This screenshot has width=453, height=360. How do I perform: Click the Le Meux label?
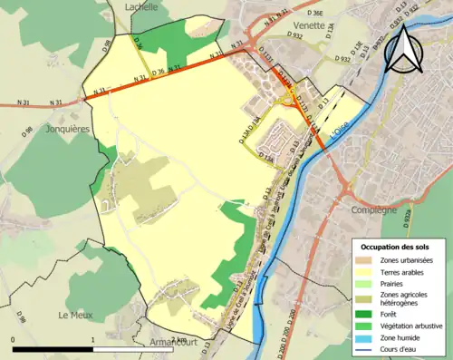pyautogui.click(x=75, y=316)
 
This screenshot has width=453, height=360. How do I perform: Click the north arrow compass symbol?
pyautogui.click(x=408, y=47)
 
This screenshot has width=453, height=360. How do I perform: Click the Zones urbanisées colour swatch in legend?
pyautogui.click(x=365, y=261)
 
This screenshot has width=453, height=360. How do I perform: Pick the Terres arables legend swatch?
pyautogui.click(x=365, y=272)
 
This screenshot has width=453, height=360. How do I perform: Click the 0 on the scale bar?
pyautogui.click(x=13, y=339)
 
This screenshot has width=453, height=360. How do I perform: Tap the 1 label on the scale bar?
pyautogui.click(x=93, y=339)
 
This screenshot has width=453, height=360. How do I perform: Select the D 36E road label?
pyautogui.click(x=315, y=14)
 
